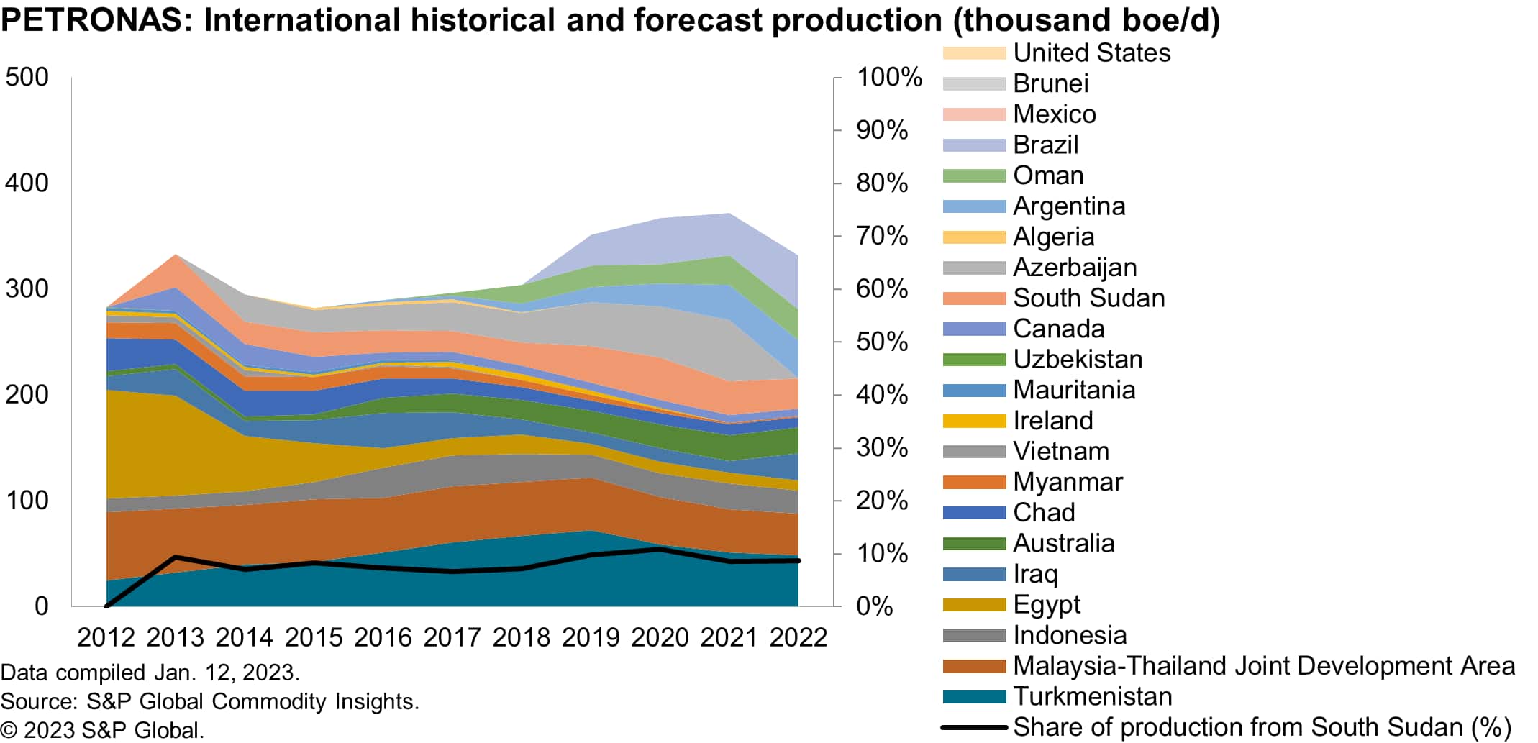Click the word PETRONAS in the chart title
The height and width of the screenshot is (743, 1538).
click(x=91, y=20)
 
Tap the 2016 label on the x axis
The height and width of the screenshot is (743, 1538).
click(x=383, y=637)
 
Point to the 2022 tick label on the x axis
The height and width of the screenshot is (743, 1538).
click(x=798, y=637)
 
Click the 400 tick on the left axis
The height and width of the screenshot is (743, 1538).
click(x=27, y=183)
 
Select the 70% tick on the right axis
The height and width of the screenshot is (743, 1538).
click(x=882, y=236)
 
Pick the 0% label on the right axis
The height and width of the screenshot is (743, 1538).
click(x=875, y=606)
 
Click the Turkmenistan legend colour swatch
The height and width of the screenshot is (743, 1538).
click(x=974, y=696)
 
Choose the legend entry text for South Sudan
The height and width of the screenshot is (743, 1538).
click(x=1088, y=298)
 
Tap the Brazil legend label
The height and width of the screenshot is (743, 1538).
click(x=1045, y=145)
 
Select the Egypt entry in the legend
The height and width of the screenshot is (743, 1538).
click(x=1047, y=604)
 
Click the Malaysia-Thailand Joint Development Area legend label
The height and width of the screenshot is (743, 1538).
click(x=1264, y=666)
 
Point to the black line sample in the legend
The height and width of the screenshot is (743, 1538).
click(x=974, y=727)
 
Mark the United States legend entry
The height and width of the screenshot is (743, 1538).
click(x=1091, y=53)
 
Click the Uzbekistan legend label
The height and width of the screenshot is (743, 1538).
click(x=1078, y=359)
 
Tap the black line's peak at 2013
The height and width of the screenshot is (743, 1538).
click(x=176, y=557)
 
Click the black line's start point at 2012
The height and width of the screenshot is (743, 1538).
click(x=106, y=606)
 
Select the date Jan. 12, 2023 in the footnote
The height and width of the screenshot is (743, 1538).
click(x=227, y=673)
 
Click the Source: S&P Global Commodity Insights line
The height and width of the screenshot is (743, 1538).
click(x=209, y=701)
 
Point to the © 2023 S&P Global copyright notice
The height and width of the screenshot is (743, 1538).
click(x=102, y=730)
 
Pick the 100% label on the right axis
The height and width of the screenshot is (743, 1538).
click(x=889, y=77)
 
